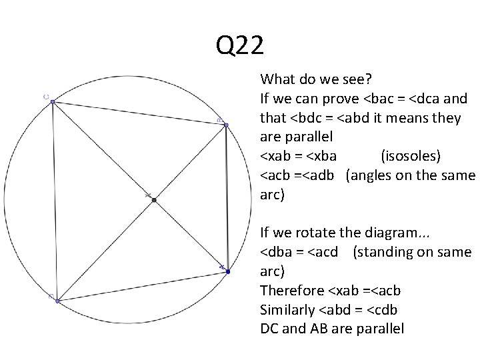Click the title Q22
pyautogui.click(x=240, y=46)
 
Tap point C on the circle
pyautogui.click(x=52, y=101)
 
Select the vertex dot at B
pyautogui.click(x=226, y=125)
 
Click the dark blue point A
pyautogui.click(x=227, y=272)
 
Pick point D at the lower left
pyautogui.click(x=57, y=301)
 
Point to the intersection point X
pyautogui.click(x=154, y=199)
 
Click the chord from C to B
pyautogui.click(x=139, y=113)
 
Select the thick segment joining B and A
pyautogui.click(x=227, y=199)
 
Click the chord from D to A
pyautogui.click(x=143, y=287)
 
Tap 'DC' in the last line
pyautogui.click(x=271, y=329)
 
